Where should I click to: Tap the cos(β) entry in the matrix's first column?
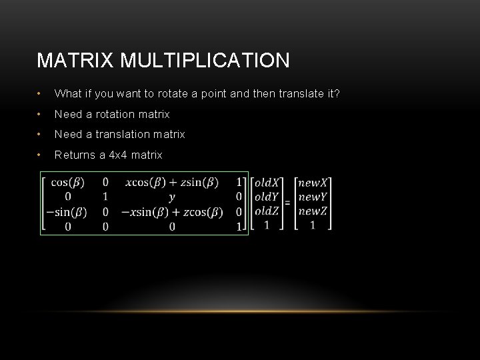pyautogui.click(x=69, y=182)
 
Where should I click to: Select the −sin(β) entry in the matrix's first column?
pyautogui.click(x=65, y=213)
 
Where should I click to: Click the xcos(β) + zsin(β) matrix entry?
pyautogui.click(x=172, y=182)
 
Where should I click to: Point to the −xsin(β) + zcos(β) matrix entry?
pyautogui.click(x=172, y=213)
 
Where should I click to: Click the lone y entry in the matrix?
pyautogui.click(x=172, y=197)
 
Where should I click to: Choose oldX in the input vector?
pyautogui.click(x=267, y=182)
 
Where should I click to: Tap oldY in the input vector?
pyautogui.click(x=267, y=197)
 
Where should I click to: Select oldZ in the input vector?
pyautogui.click(x=267, y=211)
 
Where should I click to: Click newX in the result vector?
pyautogui.click(x=313, y=182)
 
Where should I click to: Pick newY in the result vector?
pyautogui.click(x=313, y=197)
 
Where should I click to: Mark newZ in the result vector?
pyautogui.click(x=313, y=211)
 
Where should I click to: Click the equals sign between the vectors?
pyautogui.click(x=287, y=203)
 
